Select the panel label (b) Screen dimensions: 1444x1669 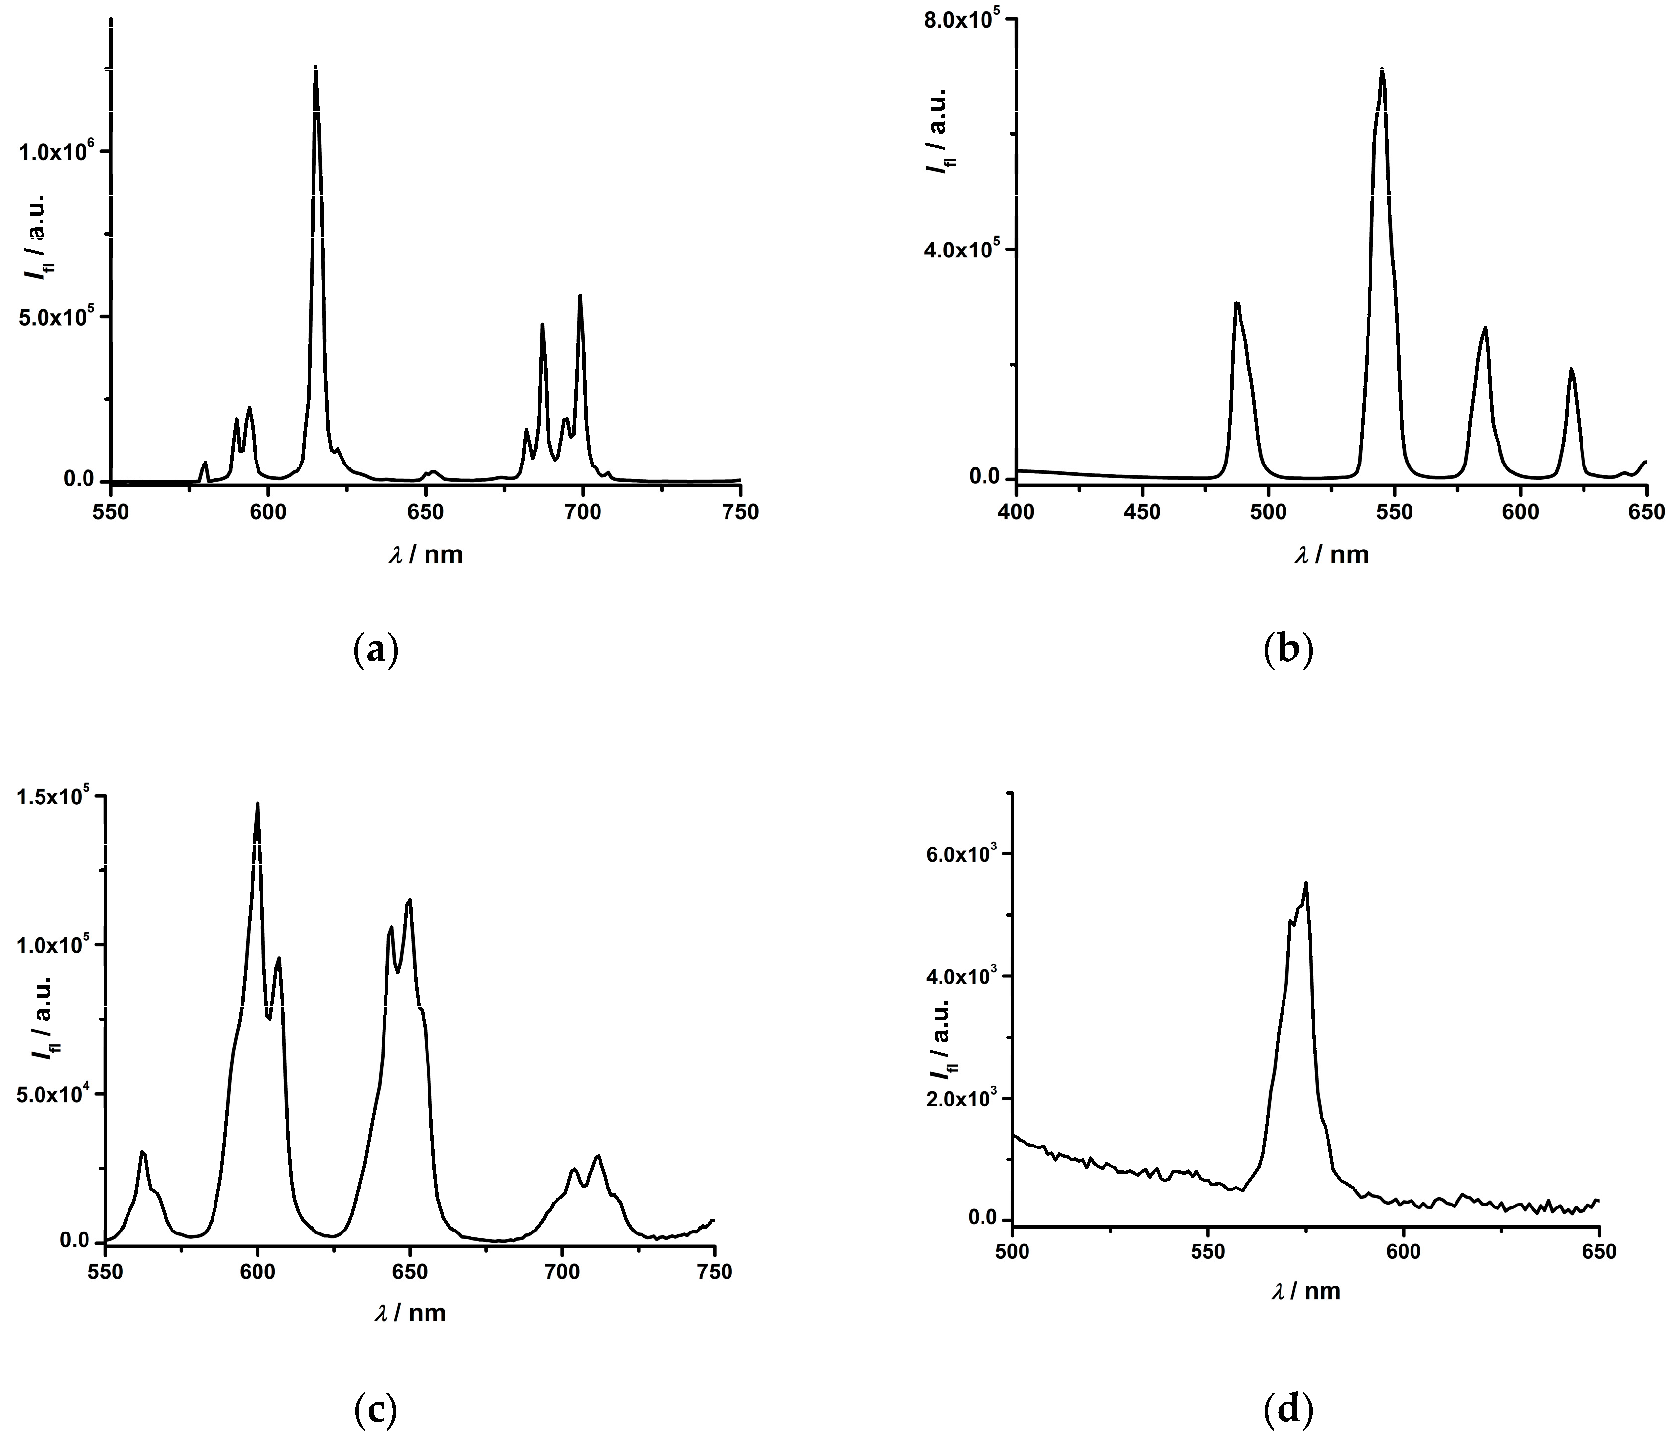(x=1287, y=649)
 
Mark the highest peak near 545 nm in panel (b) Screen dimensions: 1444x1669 (x=1382, y=69)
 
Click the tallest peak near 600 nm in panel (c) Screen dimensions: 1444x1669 (x=258, y=804)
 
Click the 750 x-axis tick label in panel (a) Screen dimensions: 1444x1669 (x=740, y=512)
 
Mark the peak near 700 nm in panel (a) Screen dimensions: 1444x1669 (x=579, y=296)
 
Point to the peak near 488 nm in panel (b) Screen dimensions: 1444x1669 (x=1236, y=304)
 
